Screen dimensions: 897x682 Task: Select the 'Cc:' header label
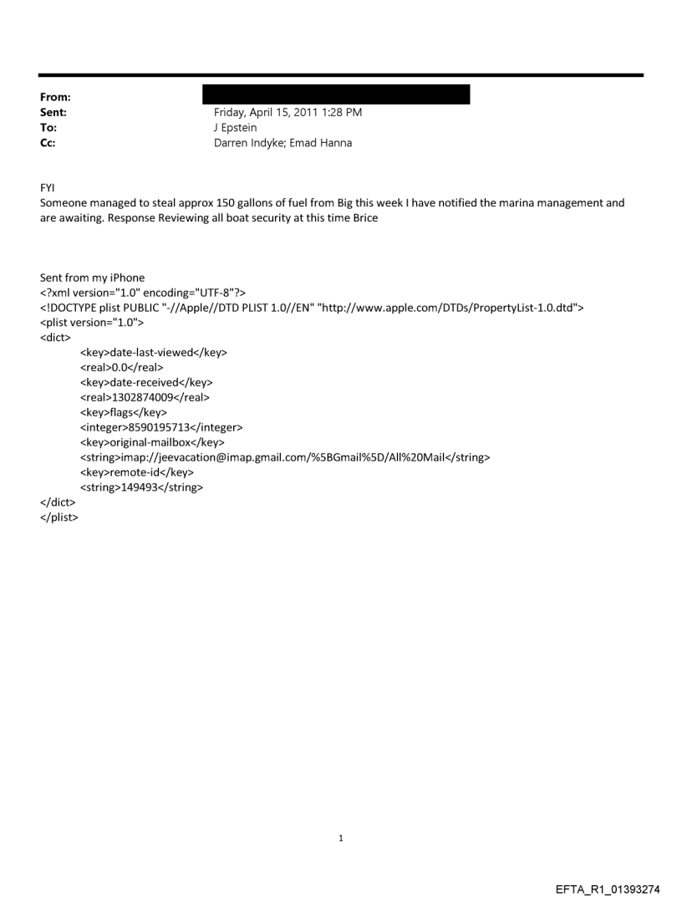[x=49, y=143]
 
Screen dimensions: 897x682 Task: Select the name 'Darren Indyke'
[x=247, y=143]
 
